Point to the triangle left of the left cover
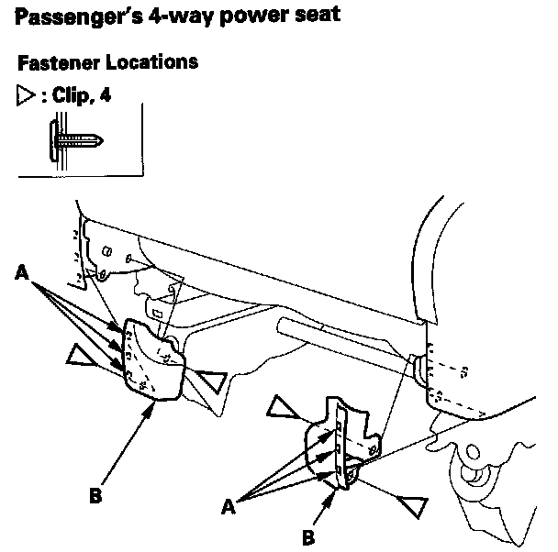click(85, 356)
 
